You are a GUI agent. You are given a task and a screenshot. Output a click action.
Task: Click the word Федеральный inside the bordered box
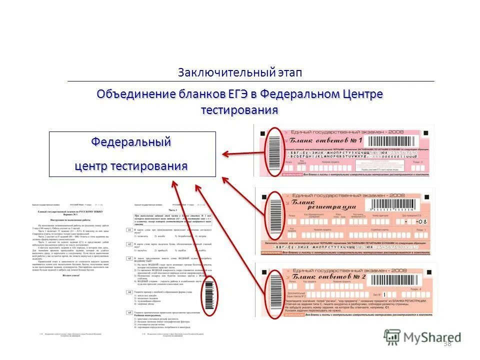(x=131, y=141)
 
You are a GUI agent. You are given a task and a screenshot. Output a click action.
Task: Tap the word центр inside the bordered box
(x=91, y=165)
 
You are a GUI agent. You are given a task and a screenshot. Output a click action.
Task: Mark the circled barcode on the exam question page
(x=209, y=295)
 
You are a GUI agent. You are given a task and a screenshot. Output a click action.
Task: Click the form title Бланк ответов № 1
(x=325, y=140)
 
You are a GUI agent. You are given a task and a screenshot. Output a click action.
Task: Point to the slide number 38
(x=447, y=343)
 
